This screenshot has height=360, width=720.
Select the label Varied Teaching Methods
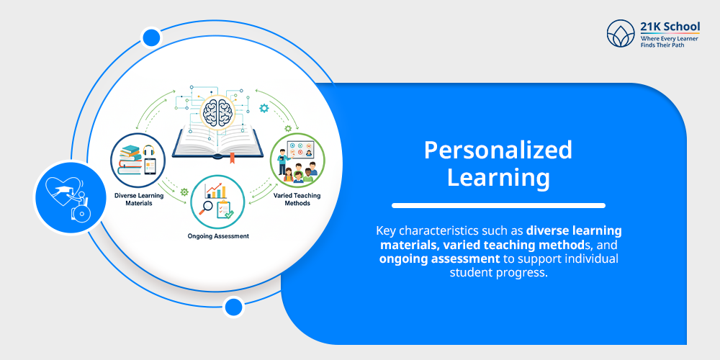click(297, 199)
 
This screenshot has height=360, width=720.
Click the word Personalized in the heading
click(498, 150)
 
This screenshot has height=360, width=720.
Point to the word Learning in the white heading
click(498, 176)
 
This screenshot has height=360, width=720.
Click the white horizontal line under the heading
click(498, 205)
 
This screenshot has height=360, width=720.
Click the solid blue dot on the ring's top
click(151, 37)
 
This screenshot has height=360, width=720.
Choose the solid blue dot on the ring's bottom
click(233, 307)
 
